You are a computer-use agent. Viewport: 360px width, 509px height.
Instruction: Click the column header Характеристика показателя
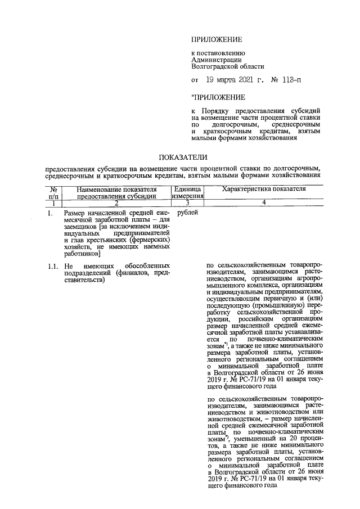pos(264,189)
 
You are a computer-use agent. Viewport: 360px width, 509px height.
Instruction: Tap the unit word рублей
pos(187,214)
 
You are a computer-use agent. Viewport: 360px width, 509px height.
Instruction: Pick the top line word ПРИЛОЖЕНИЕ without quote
pos(217,39)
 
